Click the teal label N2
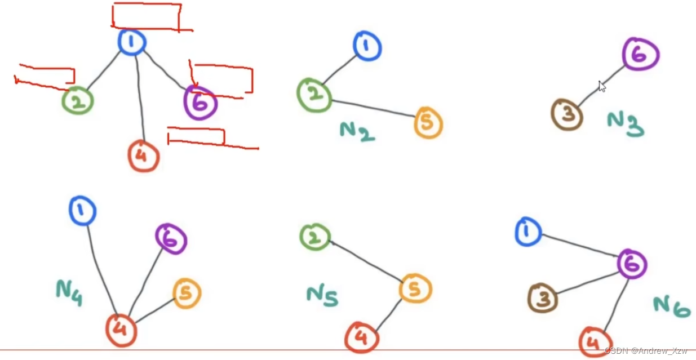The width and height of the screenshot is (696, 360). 357,132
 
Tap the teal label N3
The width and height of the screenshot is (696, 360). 626,123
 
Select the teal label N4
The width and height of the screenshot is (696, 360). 69,292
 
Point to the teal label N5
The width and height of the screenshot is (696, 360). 322,296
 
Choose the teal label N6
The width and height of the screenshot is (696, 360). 671,305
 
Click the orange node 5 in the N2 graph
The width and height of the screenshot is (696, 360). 428,123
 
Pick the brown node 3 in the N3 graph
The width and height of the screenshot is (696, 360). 566,114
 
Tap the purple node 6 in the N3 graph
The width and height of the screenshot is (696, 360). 641,55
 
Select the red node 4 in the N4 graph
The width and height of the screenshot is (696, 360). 121,330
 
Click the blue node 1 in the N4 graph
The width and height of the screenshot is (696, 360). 82,211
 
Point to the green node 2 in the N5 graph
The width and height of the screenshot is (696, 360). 315,237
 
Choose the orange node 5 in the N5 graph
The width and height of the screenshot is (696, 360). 415,290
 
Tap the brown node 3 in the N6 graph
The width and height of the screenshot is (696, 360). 543,298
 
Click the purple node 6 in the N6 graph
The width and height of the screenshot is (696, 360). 632,264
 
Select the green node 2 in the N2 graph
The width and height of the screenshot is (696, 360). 314,96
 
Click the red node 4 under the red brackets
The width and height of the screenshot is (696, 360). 143,156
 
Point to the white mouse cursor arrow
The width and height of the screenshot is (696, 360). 602,86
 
